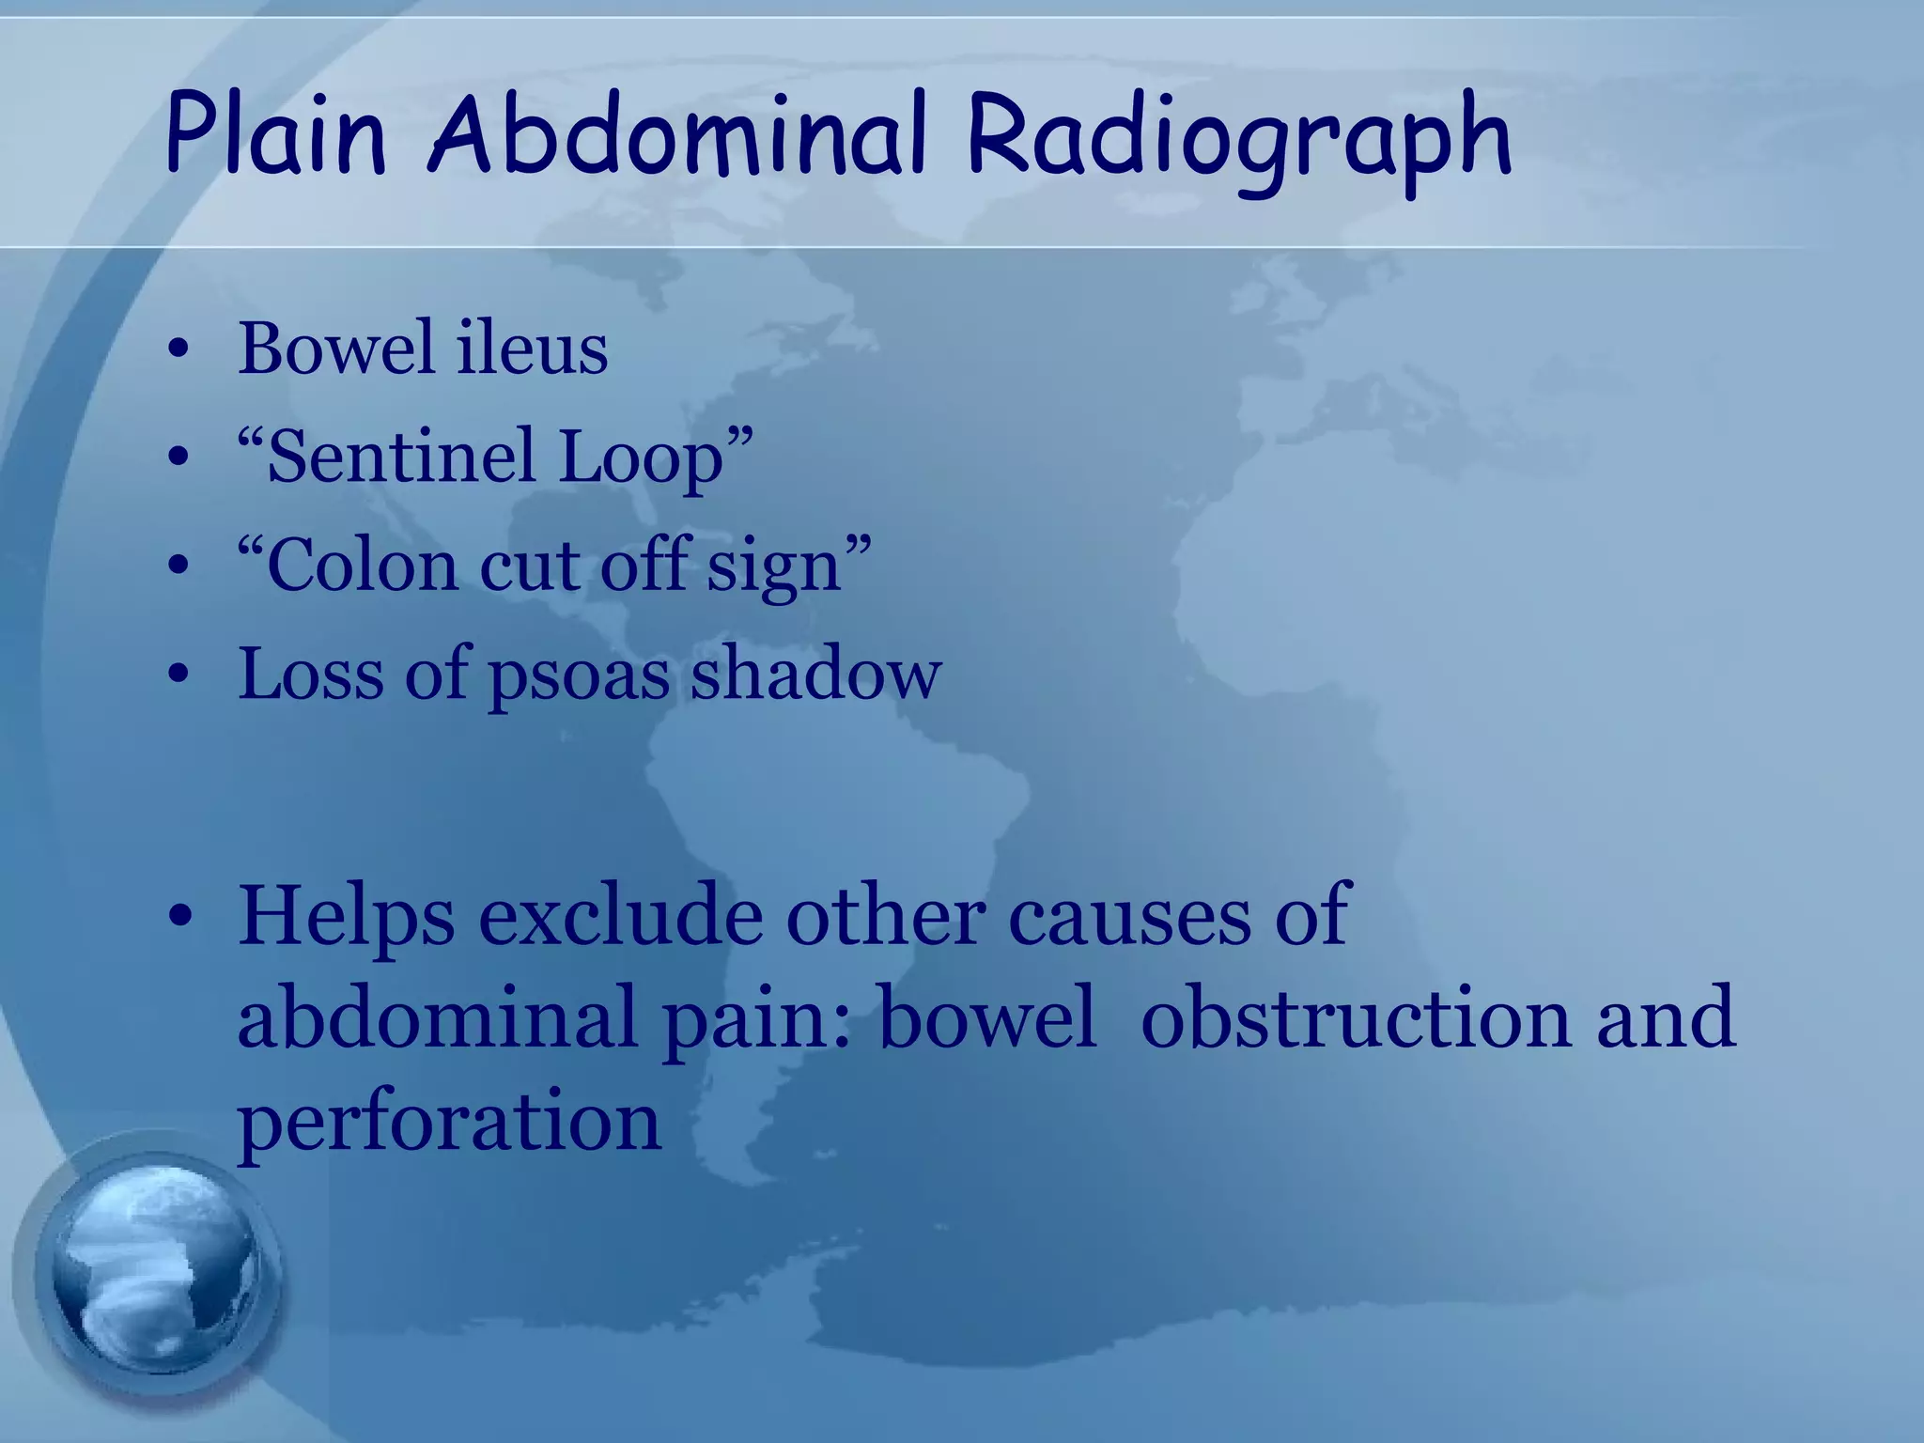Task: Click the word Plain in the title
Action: pos(275,136)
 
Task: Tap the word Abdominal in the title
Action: pos(676,136)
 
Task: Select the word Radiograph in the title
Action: pos(1238,141)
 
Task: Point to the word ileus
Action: pos(532,349)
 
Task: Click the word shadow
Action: pos(815,675)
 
